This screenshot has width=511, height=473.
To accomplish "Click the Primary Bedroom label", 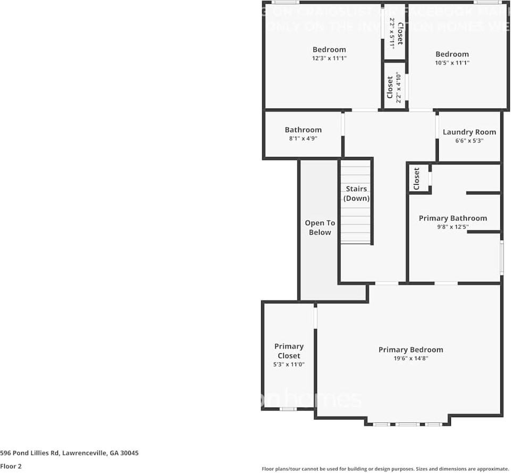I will click(x=411, y=350).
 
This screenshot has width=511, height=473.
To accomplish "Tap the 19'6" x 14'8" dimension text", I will click(x=411, y=359).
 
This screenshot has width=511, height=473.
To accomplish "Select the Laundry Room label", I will click(x=469, y=132).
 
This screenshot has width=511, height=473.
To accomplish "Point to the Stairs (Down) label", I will click(x=356, y=194).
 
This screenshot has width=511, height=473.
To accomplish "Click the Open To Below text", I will click(x=320, y=228).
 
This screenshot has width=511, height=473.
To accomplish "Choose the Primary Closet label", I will click(x=289, y=351).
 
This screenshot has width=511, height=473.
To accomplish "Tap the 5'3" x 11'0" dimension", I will click(x=289, y=364).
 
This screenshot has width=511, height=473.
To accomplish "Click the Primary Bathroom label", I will click(x=453, y=218).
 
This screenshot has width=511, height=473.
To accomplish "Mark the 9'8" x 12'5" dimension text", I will click(x=453, y=227).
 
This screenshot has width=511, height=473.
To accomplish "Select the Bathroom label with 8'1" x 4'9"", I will click(x=303, y=130).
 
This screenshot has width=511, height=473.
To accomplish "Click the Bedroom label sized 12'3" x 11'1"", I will click(x=329, y=49).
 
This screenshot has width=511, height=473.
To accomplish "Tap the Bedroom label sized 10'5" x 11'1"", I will click(x=452, y=54).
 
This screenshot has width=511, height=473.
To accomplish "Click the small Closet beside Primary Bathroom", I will click(x=416, y=178).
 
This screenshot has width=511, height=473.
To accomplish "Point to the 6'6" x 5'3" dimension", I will click(x=470, y=141).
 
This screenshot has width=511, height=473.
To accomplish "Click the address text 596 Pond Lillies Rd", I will click(x=69, y=453).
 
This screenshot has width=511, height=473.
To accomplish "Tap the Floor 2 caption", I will click(x=11, y=466).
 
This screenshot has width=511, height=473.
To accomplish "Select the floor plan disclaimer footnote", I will click(x=385, y=469).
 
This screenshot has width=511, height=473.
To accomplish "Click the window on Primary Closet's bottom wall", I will click(x=288, y=409).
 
